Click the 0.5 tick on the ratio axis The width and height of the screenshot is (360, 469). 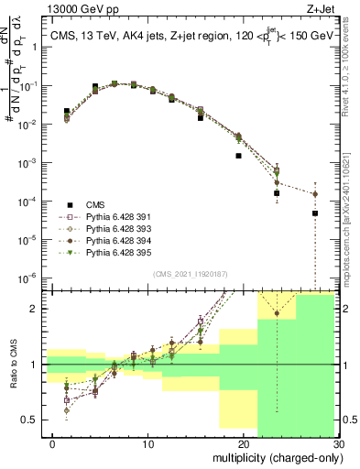coord(33,420)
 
